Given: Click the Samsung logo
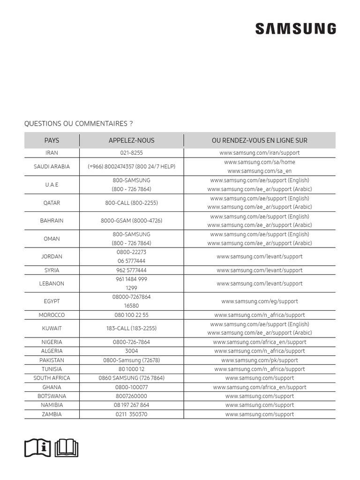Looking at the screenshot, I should click(295, 29).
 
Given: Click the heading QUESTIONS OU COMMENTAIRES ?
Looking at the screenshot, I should click(78, 124).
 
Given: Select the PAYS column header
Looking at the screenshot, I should click(52, 140).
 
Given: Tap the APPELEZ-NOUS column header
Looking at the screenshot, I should click(131, 140).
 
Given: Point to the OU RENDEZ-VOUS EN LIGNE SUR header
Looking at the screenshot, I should click(259, 140).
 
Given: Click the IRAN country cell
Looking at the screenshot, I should click(52, 153).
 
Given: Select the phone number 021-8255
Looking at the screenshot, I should click(131, 153).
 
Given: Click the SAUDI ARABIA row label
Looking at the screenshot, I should click(52, 166).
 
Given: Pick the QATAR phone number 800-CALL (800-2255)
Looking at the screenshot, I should click(131, 203).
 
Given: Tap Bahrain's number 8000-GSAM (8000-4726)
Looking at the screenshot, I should click(131, 221).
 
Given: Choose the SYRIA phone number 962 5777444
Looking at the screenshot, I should click(131, 270).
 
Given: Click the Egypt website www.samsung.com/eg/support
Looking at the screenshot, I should click(259, 301).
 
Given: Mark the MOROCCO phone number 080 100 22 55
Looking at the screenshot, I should click(131, 315).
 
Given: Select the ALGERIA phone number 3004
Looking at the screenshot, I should click(131, 351).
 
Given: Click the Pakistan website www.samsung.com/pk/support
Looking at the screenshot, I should click(259, 360).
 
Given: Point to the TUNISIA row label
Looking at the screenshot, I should click(52, 369).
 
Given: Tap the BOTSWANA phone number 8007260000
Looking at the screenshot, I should click(131, 396).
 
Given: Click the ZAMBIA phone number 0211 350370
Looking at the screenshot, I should click(131, 414).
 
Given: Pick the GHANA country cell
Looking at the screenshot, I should click(52, 387).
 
